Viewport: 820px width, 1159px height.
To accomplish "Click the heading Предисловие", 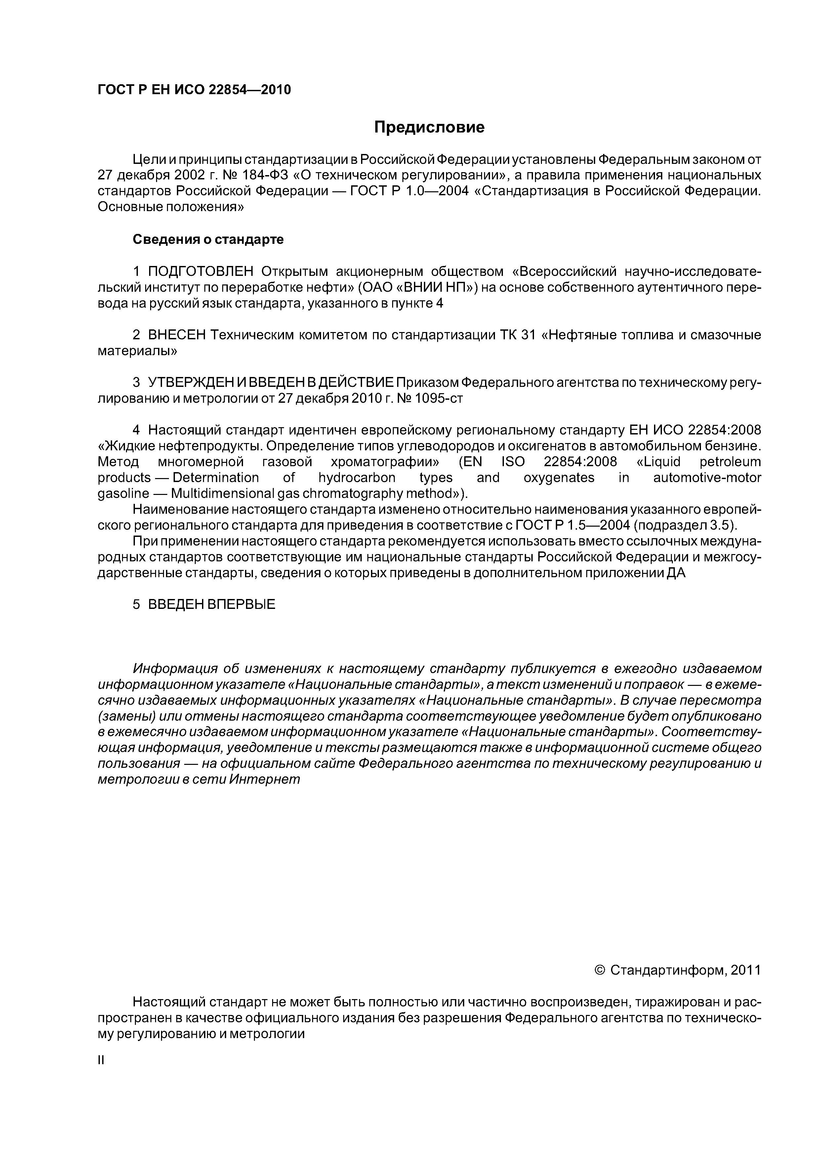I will tap(429, 127).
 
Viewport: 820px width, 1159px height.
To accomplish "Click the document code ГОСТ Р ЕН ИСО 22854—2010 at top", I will tap(194, 90).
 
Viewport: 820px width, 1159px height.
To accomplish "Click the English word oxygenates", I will tap(559, 477).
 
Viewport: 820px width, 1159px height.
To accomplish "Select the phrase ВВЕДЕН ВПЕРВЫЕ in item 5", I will tap(212, 604).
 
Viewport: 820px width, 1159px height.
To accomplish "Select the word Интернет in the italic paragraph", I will tap(264, 779).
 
